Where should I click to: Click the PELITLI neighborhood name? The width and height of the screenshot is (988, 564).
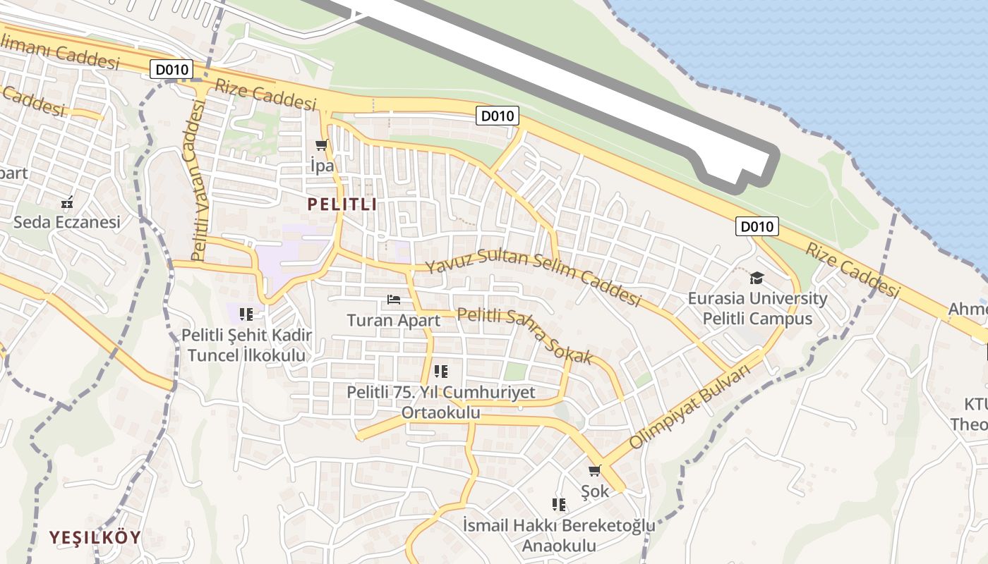click(342, 205)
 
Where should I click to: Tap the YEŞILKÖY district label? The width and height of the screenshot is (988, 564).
click(95, 537)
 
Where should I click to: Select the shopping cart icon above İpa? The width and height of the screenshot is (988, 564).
click(322, 145)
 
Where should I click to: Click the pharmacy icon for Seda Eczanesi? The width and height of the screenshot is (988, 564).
click(67, 203)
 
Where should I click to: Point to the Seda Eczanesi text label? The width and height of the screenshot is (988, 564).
click(67, 222)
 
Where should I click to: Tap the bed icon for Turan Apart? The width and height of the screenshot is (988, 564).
click(394, 300)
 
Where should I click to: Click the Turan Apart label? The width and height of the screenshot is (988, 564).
click(393, 320)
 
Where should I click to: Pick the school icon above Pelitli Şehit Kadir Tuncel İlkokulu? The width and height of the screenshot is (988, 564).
click(246, 314)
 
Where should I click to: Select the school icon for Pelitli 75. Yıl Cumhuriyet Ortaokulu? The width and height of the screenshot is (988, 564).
click(441, 372)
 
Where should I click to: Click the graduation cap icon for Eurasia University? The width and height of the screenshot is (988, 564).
click(757, 278)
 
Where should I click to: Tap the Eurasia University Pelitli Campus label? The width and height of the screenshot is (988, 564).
click(757, 308)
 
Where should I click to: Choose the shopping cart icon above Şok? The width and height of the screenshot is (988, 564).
click(595, 470)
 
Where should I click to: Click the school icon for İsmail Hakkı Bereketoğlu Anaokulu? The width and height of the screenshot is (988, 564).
click(559, 505)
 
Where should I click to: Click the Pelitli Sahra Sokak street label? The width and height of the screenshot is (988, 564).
click(525, 335)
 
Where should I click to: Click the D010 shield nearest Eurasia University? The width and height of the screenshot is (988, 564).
click(757, 226)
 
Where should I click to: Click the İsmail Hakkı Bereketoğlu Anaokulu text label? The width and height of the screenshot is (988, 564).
click(559, 535)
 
